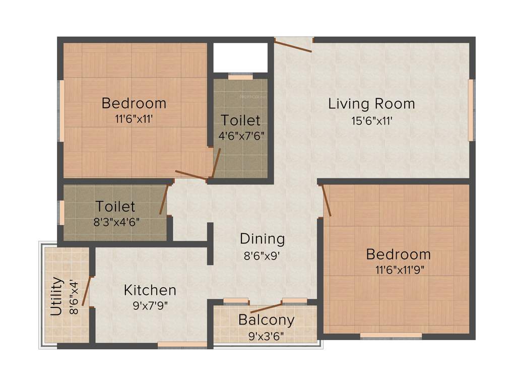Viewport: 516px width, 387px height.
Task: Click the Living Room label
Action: click(x=371, y=104)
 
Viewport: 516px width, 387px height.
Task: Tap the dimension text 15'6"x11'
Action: click(x=372, y=121)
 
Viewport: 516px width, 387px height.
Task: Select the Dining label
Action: click(x=262, y=238)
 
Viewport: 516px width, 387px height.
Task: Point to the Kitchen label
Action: click(x=150, y=290)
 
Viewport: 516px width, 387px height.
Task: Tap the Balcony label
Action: click(x=266, y=319)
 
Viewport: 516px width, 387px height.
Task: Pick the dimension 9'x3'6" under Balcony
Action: click(x=266, y=335)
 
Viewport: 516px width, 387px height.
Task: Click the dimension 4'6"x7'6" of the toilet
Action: click(x=241, y=136)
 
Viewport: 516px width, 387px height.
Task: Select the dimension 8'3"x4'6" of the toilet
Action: click(x=115, y=222)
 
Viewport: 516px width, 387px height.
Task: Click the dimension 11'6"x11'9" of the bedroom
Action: click(x=400, y=270)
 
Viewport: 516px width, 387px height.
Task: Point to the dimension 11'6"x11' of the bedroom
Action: click(x=134, y=119)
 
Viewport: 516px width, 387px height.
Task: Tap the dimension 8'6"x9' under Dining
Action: click(x=262, y=255)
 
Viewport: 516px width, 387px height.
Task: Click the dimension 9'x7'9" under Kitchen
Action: click(x=150, y=305)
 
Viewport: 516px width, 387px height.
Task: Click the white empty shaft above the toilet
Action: click(x=240, y=57)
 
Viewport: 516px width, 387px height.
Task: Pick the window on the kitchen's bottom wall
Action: click(x=182, y=345)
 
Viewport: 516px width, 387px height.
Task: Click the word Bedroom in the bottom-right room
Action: click(x=399, y=254)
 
